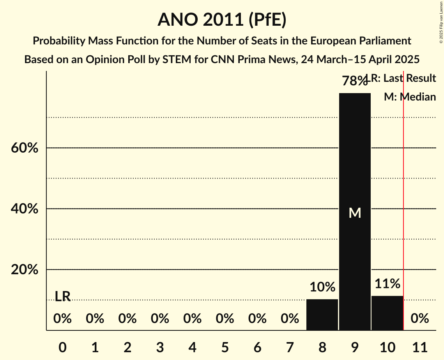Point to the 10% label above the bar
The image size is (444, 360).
[x=322, y=287]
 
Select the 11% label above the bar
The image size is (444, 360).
[x=387, y=284]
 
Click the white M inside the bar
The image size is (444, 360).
[x=355, y=213]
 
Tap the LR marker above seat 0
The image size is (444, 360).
[x=62, y=296]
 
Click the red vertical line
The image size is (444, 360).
[x=403, y=195]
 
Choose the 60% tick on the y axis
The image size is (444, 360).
[x=25, y=148]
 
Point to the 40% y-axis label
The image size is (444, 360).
[x=25, y=209]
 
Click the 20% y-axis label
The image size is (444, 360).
[x=25, y=270]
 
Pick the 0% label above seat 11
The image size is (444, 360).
[x=420, y=319]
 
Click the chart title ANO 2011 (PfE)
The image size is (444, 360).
[x=222, y=19]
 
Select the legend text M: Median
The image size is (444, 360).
[x=410, y=97]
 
